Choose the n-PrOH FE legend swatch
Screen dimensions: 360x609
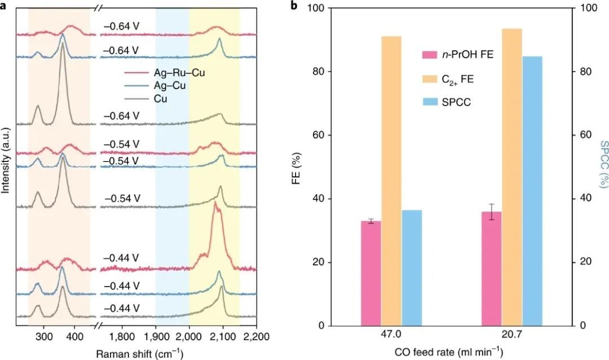pyautogui.click(x=430, y=55)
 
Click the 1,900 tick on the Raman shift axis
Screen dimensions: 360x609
pyautogui.click(x=156, y=337)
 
